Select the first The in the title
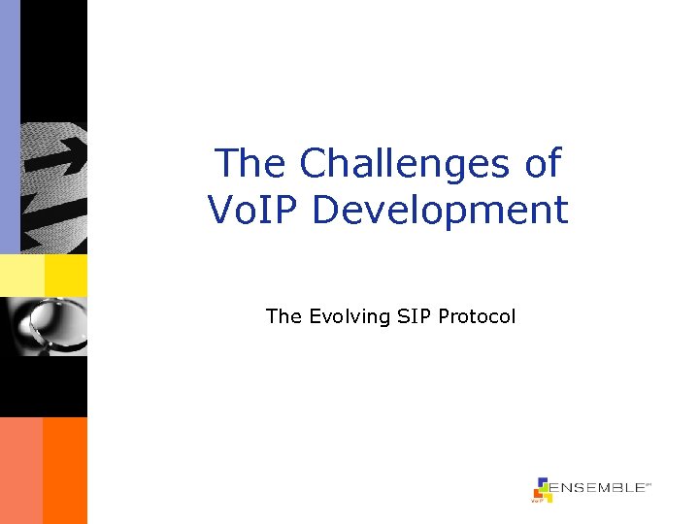[x=251, y=163]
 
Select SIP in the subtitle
[x=414, y=316]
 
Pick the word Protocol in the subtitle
[x=477, y=316]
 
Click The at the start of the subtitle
[x=283, y=316]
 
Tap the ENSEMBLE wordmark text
[x=597, y=488]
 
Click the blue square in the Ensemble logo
[x=542, y=482]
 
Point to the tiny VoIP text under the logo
[x=535, y=501]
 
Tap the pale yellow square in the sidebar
[x=21, y=276]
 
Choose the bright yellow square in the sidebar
[x=65, y=276]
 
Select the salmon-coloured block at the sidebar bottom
[x=20, y=471]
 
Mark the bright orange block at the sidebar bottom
[x=65, y=471]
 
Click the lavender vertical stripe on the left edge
[x=10, y=126]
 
